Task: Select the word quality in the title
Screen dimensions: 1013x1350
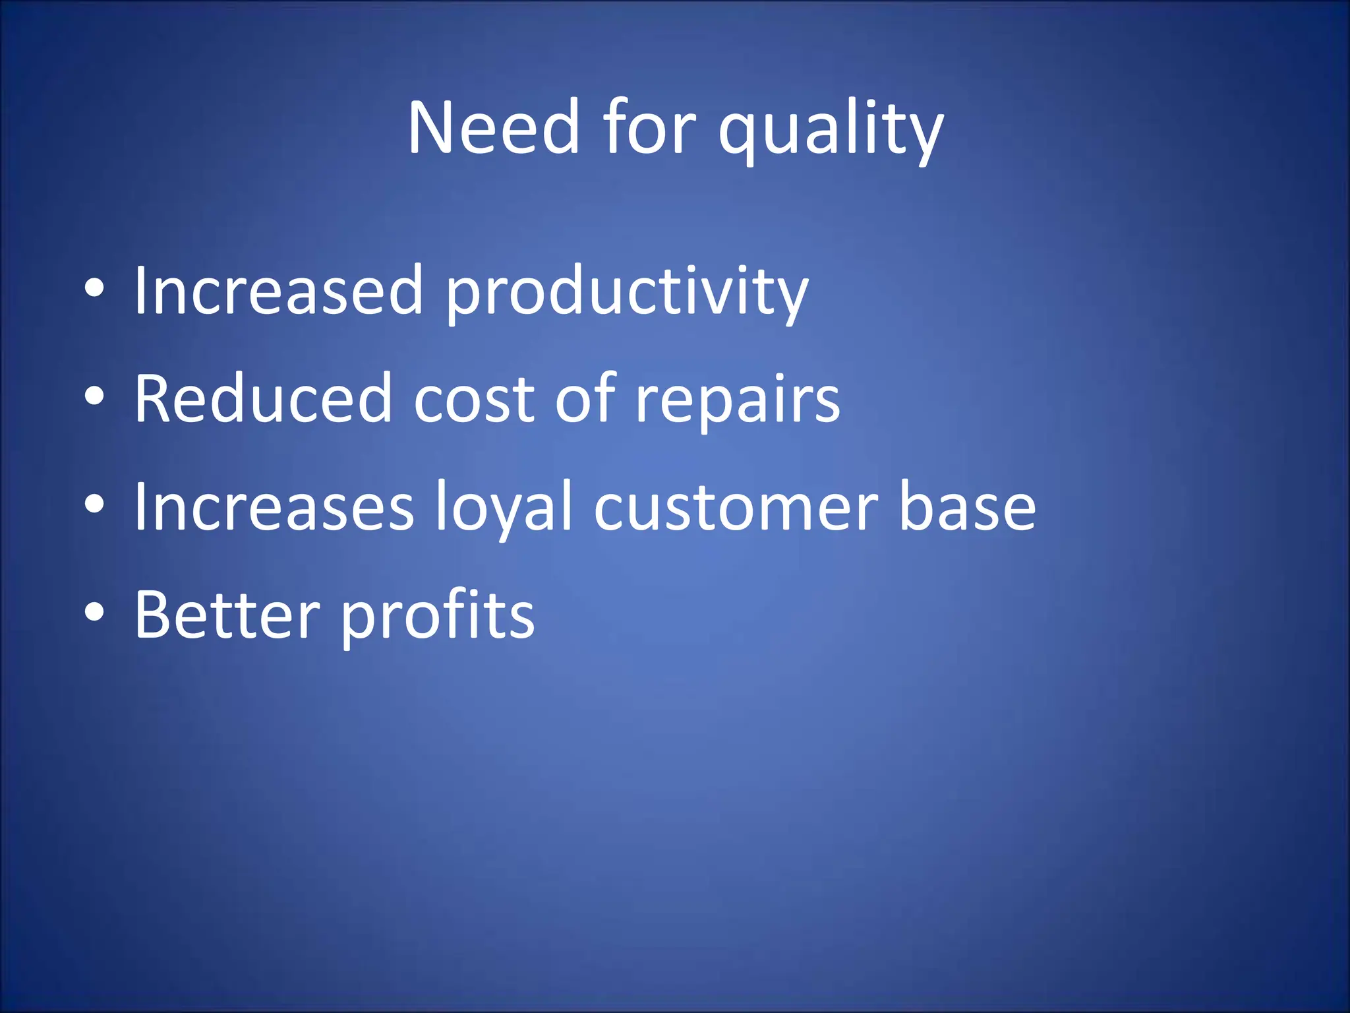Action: pos(831,132)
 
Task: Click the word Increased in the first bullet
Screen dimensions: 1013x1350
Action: pos(278,290)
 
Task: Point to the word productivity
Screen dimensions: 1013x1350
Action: pos(626,293)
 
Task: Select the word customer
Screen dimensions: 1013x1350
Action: pos(736,508)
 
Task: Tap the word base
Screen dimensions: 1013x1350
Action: pos(967,508)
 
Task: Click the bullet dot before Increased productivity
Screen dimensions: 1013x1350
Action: pos(95,289)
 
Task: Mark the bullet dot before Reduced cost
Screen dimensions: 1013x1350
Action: pos(95,396)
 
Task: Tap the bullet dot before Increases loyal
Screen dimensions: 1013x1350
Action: pos(95,505)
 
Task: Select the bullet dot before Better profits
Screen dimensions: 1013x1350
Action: pos(95,612)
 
